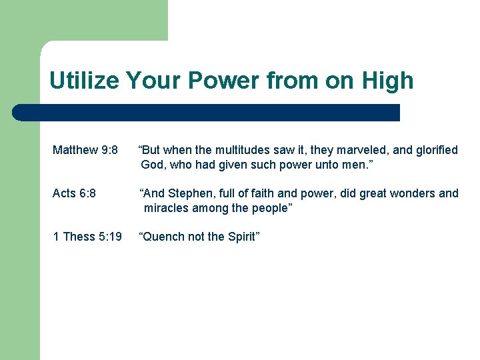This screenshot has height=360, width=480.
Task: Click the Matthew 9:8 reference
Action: click(85, 150)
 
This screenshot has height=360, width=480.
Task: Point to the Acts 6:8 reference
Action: click(74, 193)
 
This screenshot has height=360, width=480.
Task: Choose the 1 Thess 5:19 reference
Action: click(87, 237)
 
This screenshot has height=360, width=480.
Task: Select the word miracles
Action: click(167, 208)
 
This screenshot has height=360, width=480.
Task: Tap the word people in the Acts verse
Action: click(269, 208)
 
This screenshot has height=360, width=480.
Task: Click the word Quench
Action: click(162, 237)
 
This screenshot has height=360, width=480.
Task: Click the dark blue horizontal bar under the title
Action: click(207, 113)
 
